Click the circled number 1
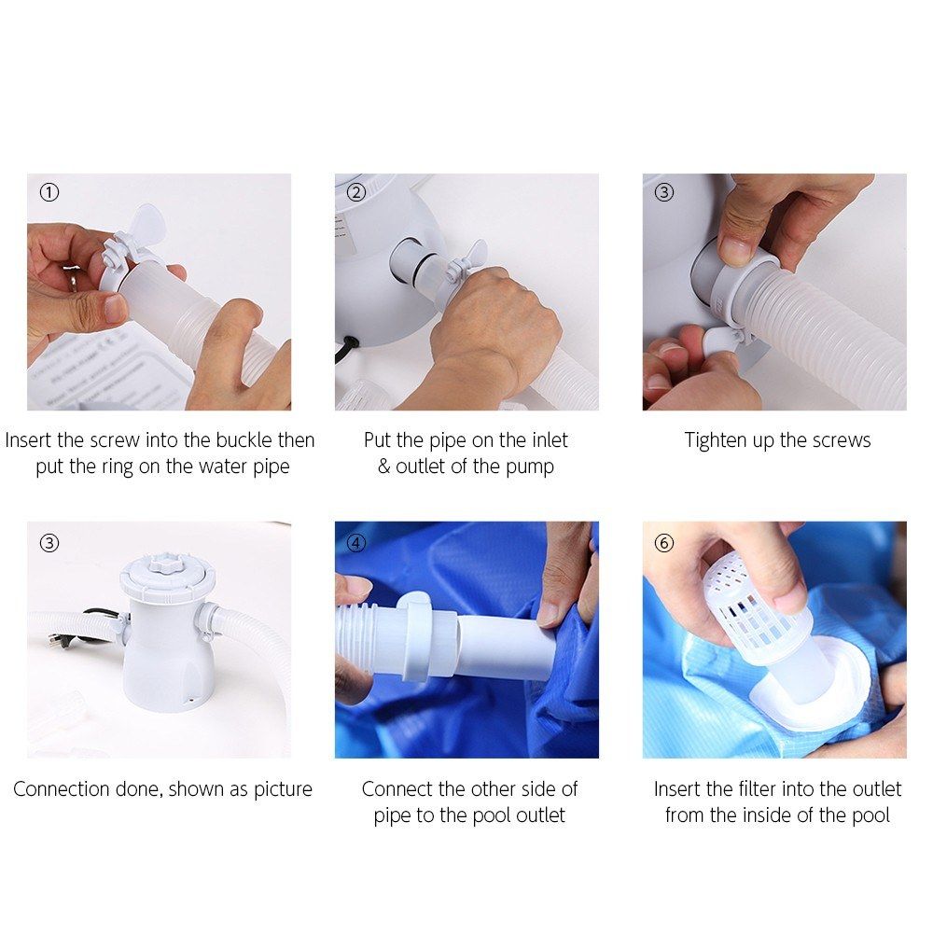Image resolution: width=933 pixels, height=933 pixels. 49,192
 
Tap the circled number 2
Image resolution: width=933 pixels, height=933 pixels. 356,192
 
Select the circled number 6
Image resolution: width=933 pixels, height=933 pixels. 664,543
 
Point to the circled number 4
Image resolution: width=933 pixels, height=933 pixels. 356,543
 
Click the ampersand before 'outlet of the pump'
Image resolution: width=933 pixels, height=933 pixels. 383,466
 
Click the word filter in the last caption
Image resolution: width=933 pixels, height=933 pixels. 758,789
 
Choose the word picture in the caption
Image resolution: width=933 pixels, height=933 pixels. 283,790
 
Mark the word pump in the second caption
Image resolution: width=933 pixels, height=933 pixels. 530,467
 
